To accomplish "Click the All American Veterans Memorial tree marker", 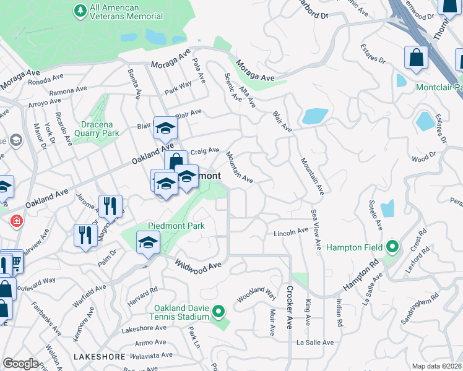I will pyautogui.click(x=80, y=11).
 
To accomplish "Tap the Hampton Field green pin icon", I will pyautogui.click(x=392, y=247).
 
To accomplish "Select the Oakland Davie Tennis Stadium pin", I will pyautogui.click(x=218, y=311).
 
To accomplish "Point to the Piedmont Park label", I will pyautogui.click(x=176, y=226).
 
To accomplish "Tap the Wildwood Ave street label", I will pyautogui.click(x=197, y=265).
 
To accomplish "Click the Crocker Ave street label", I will pyautogui.click(x=289, y=307).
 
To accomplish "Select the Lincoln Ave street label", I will pyautogui.click(x=291, y=232).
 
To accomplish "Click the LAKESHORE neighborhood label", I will pyautogui.click(x=99, y=357).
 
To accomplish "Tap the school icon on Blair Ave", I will pyautogui.click(x=165, y=128).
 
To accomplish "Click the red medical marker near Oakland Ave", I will pyautogui.click(x=16, y=221).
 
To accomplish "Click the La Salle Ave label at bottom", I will pyautogui.click(x=315, y=343).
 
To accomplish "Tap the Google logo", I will pyautogui.click(x=20, y=364).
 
